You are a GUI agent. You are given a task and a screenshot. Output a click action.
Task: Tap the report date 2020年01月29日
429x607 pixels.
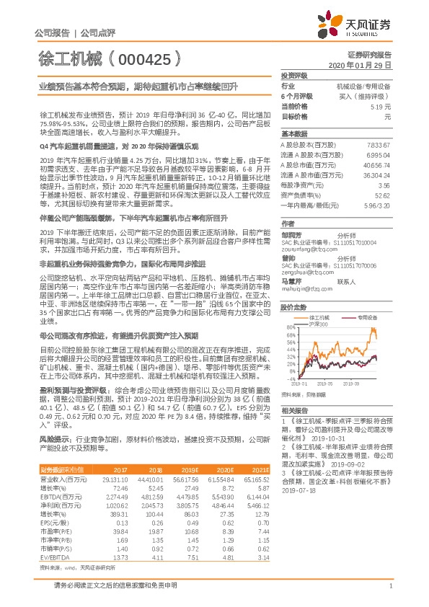point(369,65)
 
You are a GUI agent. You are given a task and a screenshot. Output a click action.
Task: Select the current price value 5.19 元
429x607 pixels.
point(381,106)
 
